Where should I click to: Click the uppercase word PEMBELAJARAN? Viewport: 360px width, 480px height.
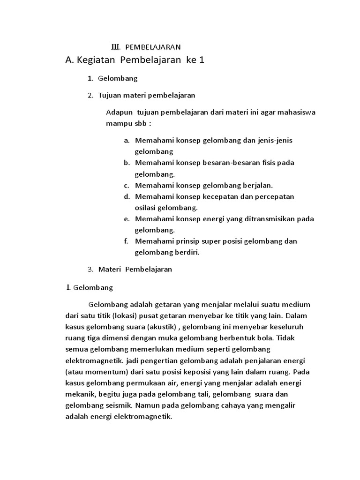(153, 47)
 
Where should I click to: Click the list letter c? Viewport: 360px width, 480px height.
(126, 185)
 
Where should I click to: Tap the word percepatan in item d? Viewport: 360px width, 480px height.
(275, 196)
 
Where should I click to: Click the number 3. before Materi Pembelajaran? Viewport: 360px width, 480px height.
(90, 270)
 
